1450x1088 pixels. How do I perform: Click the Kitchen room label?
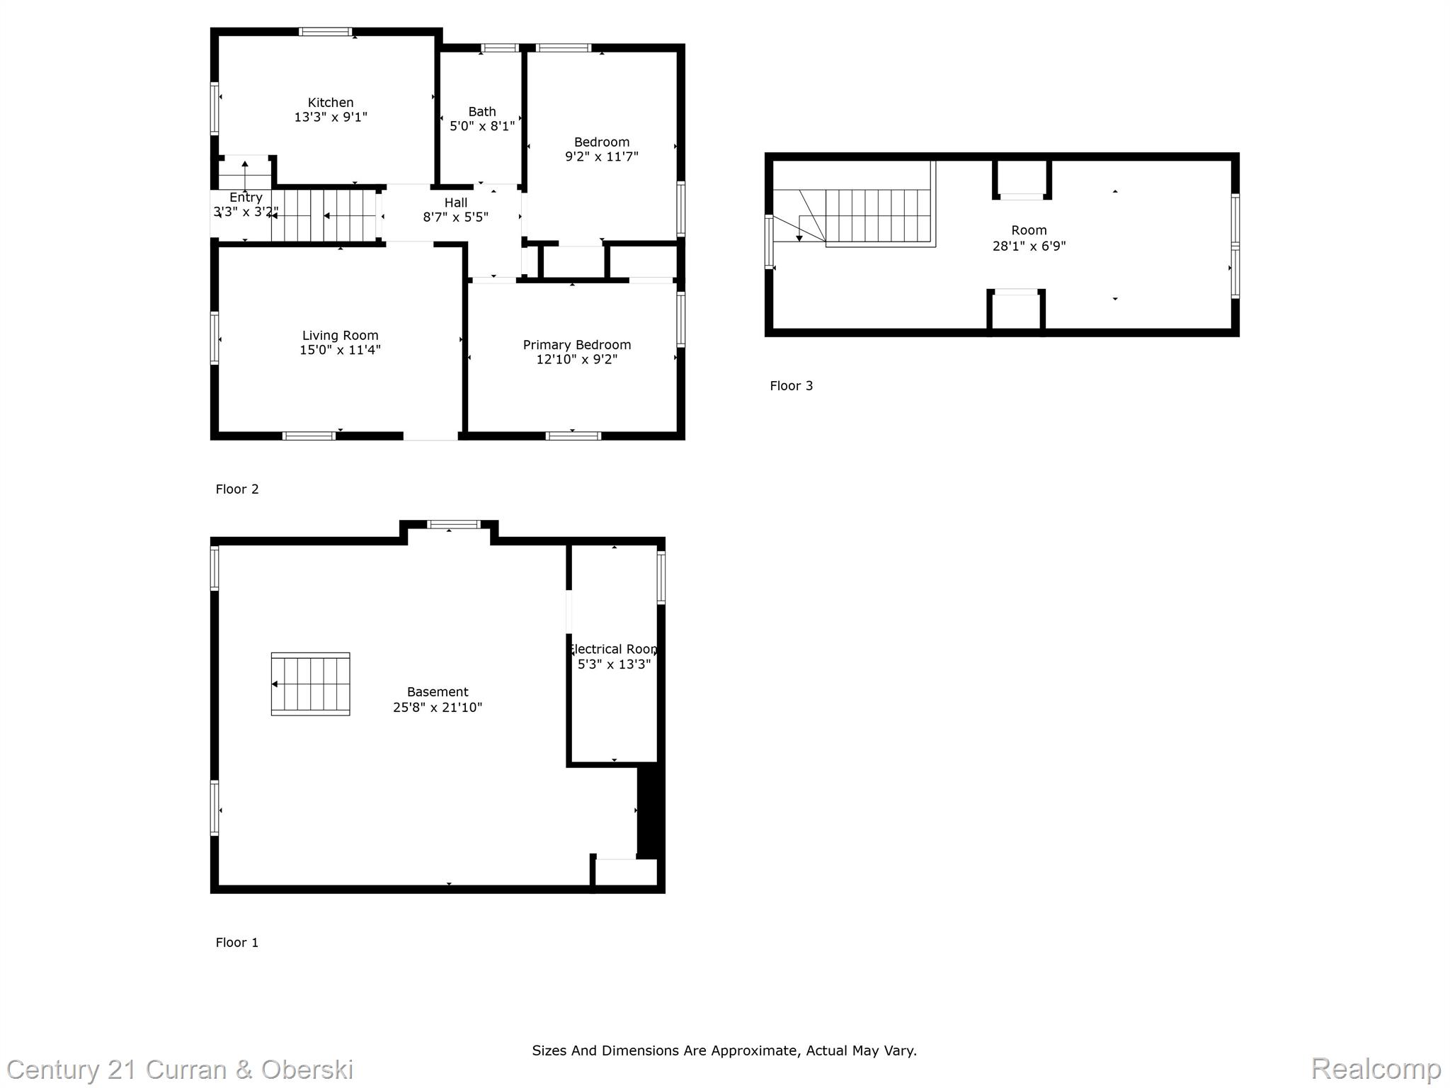(x=331, y=103)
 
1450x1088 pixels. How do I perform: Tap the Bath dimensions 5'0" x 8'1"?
(x=482, y=126)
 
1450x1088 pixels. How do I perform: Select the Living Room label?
(x=340, y=336)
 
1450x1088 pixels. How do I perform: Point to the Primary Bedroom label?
(x=577, y=345)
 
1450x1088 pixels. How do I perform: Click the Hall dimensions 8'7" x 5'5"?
(x=456, y=217)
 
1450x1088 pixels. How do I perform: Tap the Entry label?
(x=246, y=198)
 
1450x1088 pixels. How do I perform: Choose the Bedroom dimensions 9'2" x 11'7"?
(x=602, y=157)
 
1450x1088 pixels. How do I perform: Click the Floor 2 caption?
(x=237, y=489)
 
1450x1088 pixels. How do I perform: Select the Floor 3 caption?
(x=792, y=385)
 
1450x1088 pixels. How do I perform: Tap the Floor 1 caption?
(x=237, y=942)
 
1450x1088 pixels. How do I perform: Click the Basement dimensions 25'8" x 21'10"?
(x=438, y=707)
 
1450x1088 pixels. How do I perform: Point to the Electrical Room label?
(x=614, y=649)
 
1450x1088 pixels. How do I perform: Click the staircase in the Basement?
(x=310, y=684)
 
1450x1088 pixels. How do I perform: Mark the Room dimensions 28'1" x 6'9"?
(x=1029, y=246)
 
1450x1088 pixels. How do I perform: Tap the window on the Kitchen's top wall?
(x=325, y=31)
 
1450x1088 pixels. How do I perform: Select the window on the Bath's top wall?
(x=500, y=48)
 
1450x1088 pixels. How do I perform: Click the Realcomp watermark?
(x=1376, y=1068)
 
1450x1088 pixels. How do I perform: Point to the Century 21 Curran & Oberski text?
(x=180, y=1070)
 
